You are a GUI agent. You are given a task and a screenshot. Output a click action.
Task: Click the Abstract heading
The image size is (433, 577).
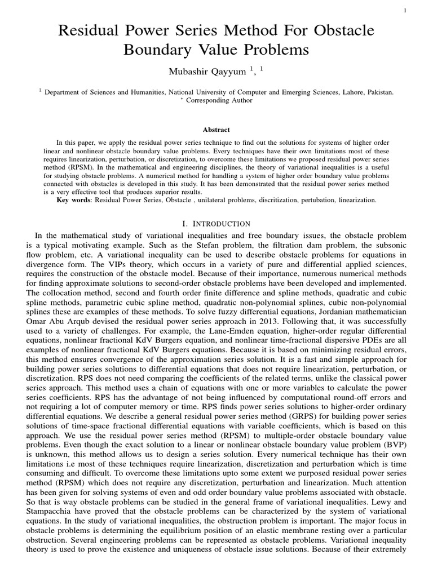(216, 130)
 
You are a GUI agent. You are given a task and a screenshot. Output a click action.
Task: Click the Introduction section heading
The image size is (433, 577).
(216, 224)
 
